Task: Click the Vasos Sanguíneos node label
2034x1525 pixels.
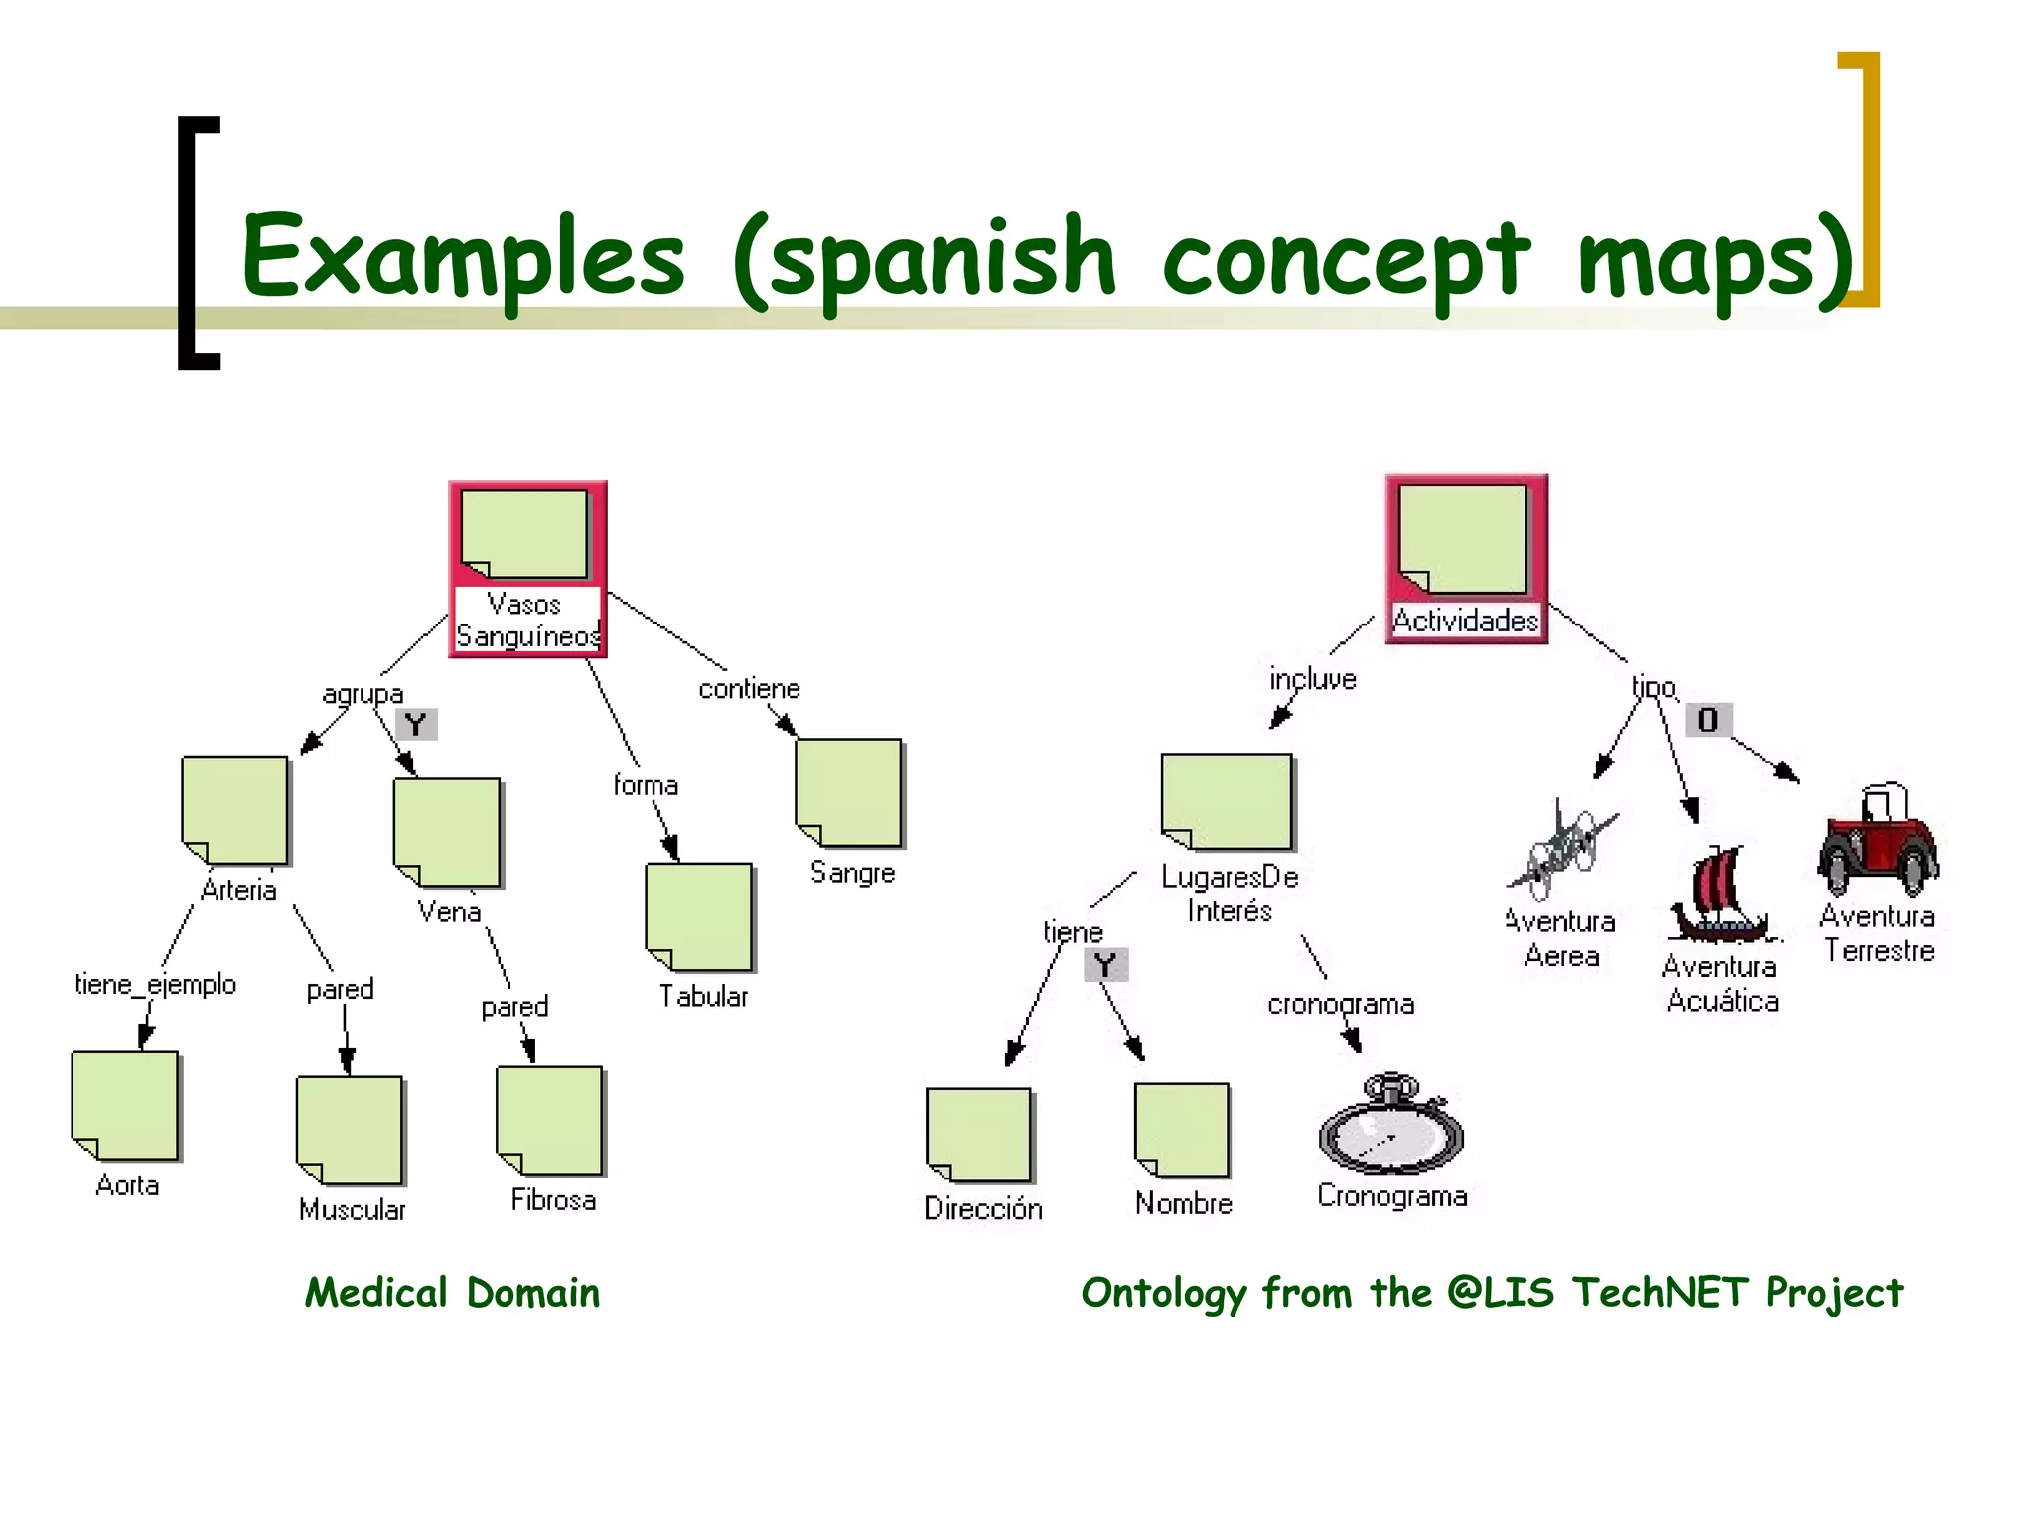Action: [527, 621]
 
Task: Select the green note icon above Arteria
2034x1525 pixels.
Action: [235, 810]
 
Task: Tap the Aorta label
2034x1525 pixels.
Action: [127, 1185]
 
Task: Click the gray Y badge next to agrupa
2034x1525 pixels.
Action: [416, 725]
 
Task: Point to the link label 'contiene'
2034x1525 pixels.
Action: [749, 689]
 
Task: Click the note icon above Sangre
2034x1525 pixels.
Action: [849, 792]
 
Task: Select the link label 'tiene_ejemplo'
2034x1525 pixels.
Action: [156, 985]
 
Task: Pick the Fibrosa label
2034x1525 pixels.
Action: [553, 1200]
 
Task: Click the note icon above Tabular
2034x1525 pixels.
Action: [699, 916]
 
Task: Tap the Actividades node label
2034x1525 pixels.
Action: [1466, 621]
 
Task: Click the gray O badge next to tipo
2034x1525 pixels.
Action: [1708, 720]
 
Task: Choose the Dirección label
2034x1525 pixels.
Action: [983, 1209]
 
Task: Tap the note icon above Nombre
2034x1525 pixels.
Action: [1182, 1130]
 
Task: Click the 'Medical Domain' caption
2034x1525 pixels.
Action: [453, 1293]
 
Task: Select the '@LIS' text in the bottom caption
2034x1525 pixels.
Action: [1501, 1293]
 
